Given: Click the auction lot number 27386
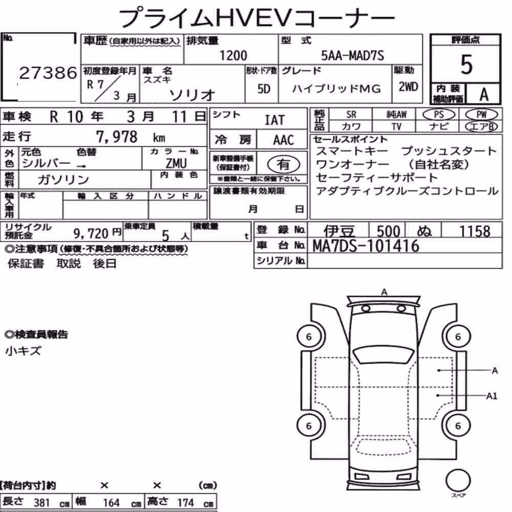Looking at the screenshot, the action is pos(48,73).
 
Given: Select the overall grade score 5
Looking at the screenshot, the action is pos(466,65).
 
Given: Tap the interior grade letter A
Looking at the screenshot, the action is pos(484,95).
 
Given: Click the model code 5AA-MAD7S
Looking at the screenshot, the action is pos(352,55).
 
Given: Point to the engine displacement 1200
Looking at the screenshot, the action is pos(233,55).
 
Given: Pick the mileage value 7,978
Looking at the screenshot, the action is pos(117,137).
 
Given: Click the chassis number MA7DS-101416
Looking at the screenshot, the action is pos(366,246).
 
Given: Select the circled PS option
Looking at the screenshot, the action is pos(439,115).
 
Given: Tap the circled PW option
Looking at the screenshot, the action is pos(482,115).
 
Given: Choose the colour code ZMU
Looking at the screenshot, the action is pos(176,163).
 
